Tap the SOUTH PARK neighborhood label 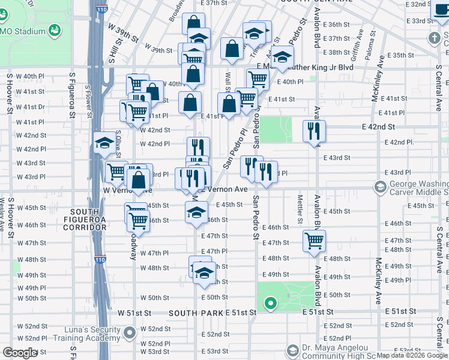191,313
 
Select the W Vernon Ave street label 127,190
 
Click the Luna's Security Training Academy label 96,334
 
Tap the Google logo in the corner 20,353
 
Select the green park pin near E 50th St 271,303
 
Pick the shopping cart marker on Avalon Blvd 314,241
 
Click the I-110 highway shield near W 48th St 98,260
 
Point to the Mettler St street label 300,206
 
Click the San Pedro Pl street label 235,149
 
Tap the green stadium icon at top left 55,29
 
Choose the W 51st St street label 137,313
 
